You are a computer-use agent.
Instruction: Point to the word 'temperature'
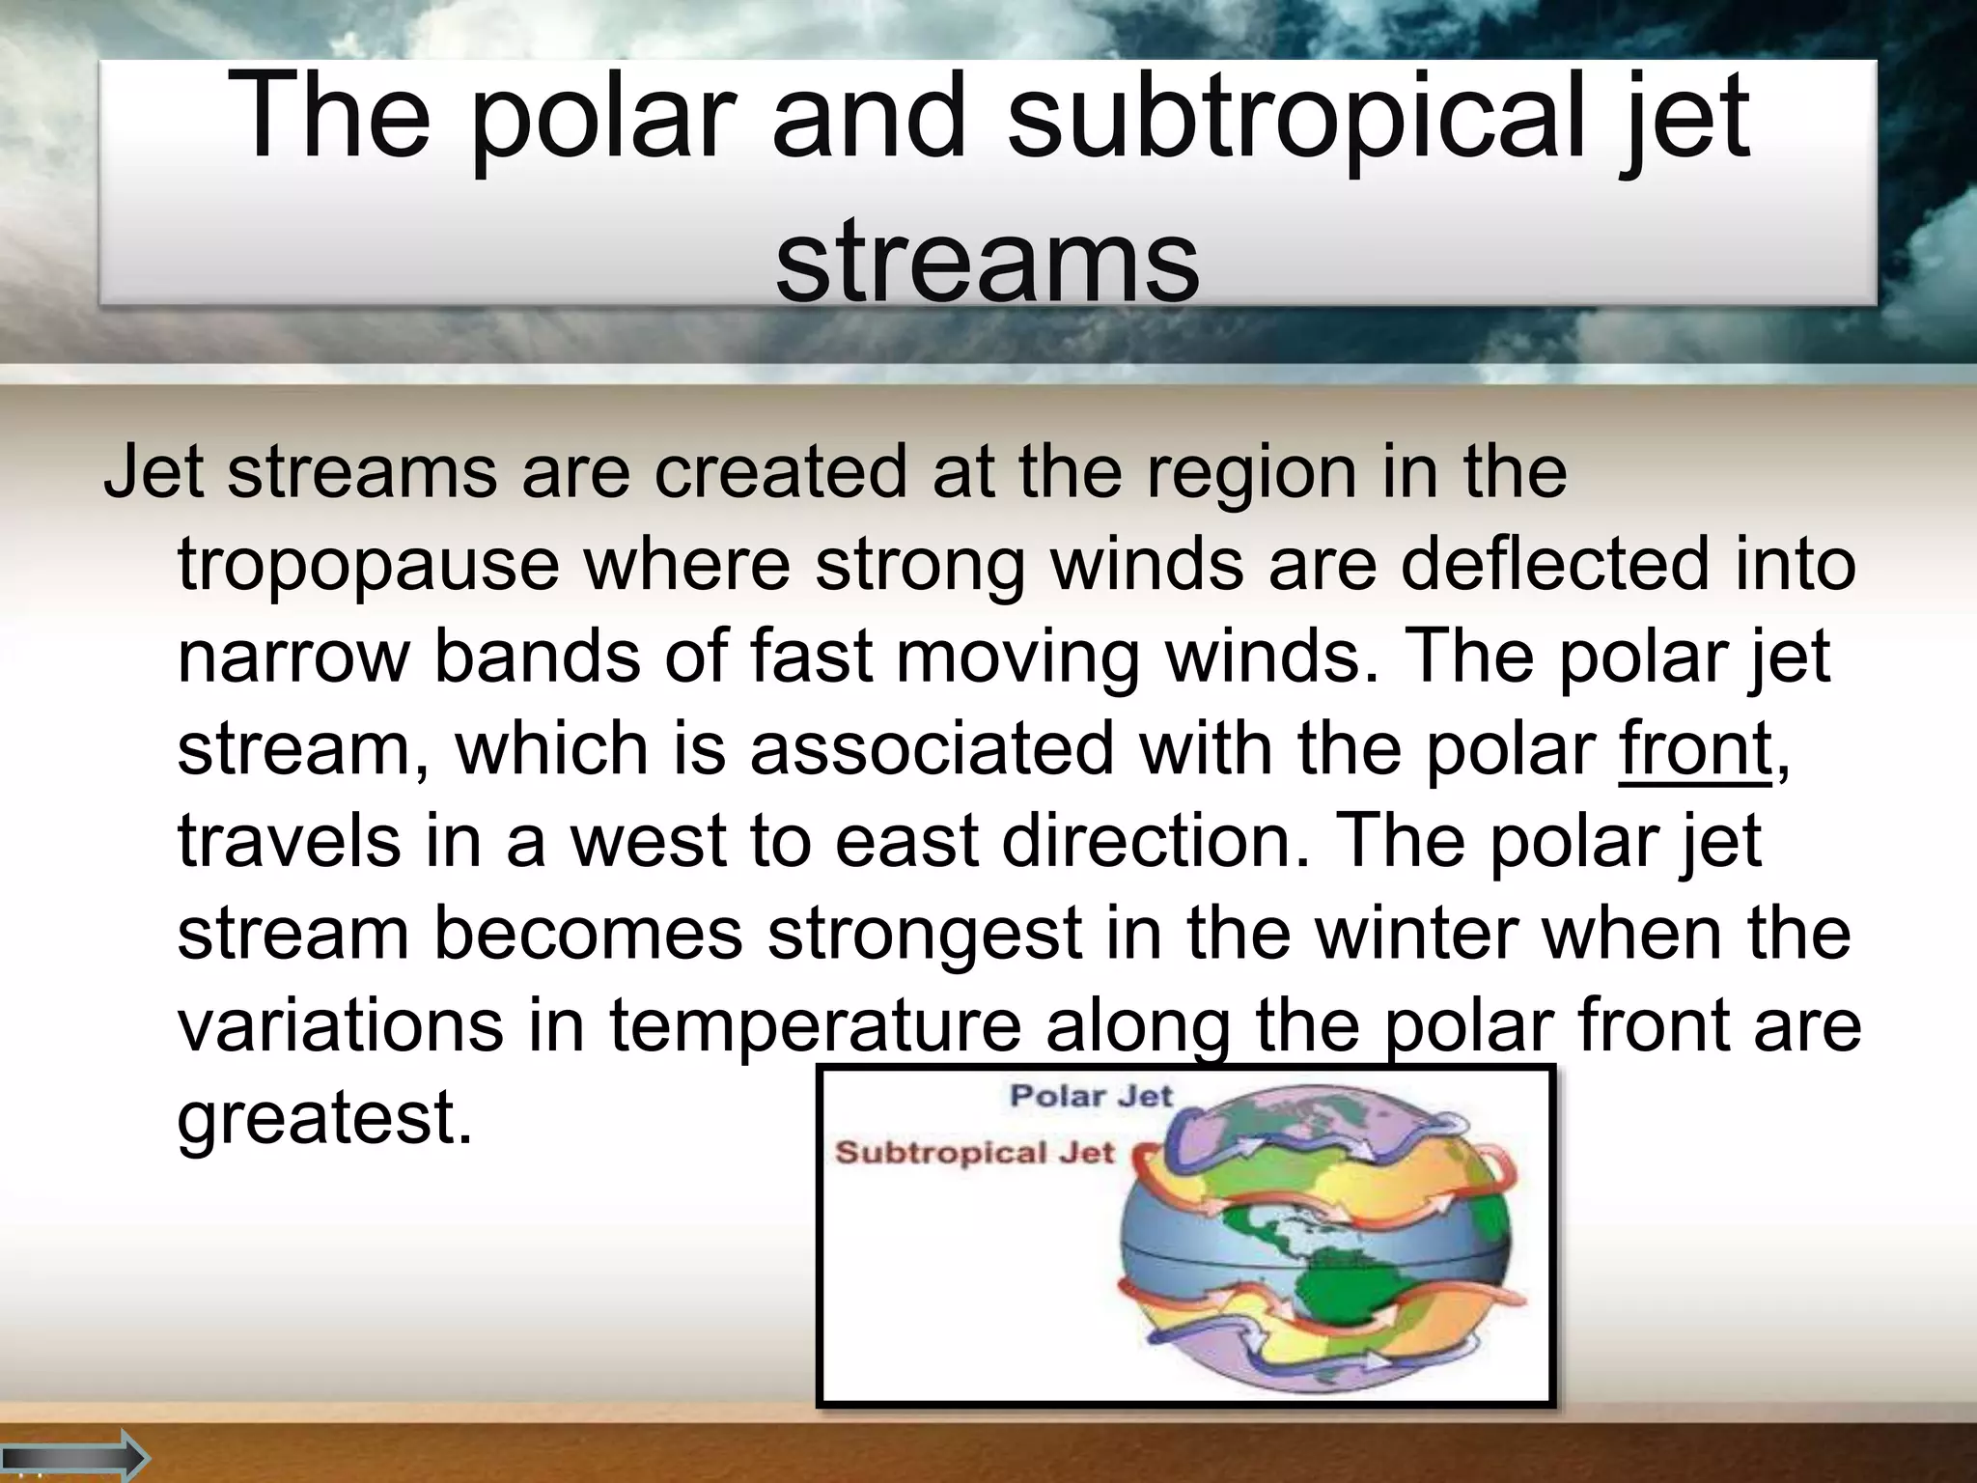click(x=815, y=1025)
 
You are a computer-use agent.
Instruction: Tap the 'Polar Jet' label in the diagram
click(x=1090, y=1096)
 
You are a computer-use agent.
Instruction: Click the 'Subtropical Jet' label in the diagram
click(x=974, y=1153)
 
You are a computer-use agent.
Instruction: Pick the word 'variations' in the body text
click(x=340, y=1025)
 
